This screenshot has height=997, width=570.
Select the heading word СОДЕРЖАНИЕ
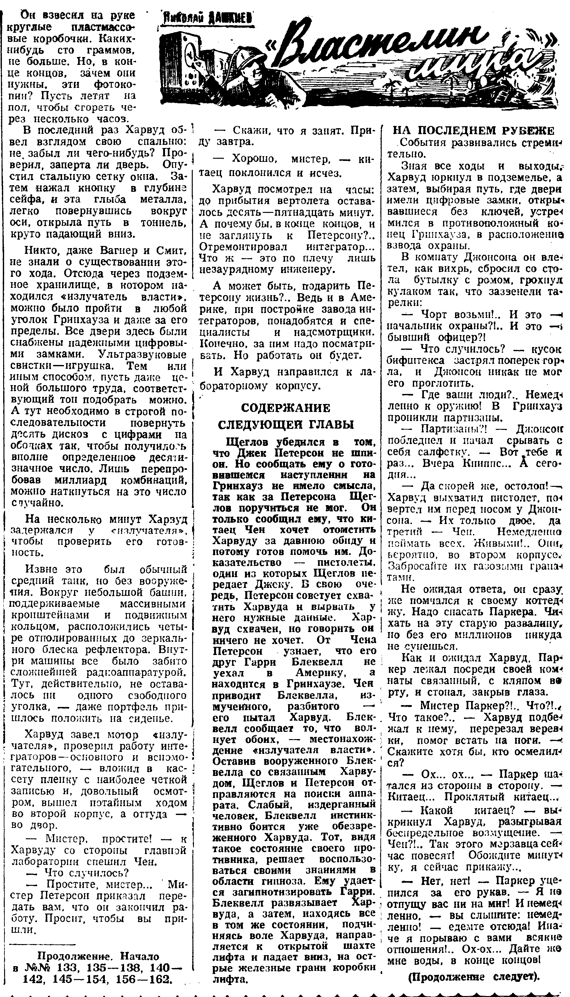(285, 408)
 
